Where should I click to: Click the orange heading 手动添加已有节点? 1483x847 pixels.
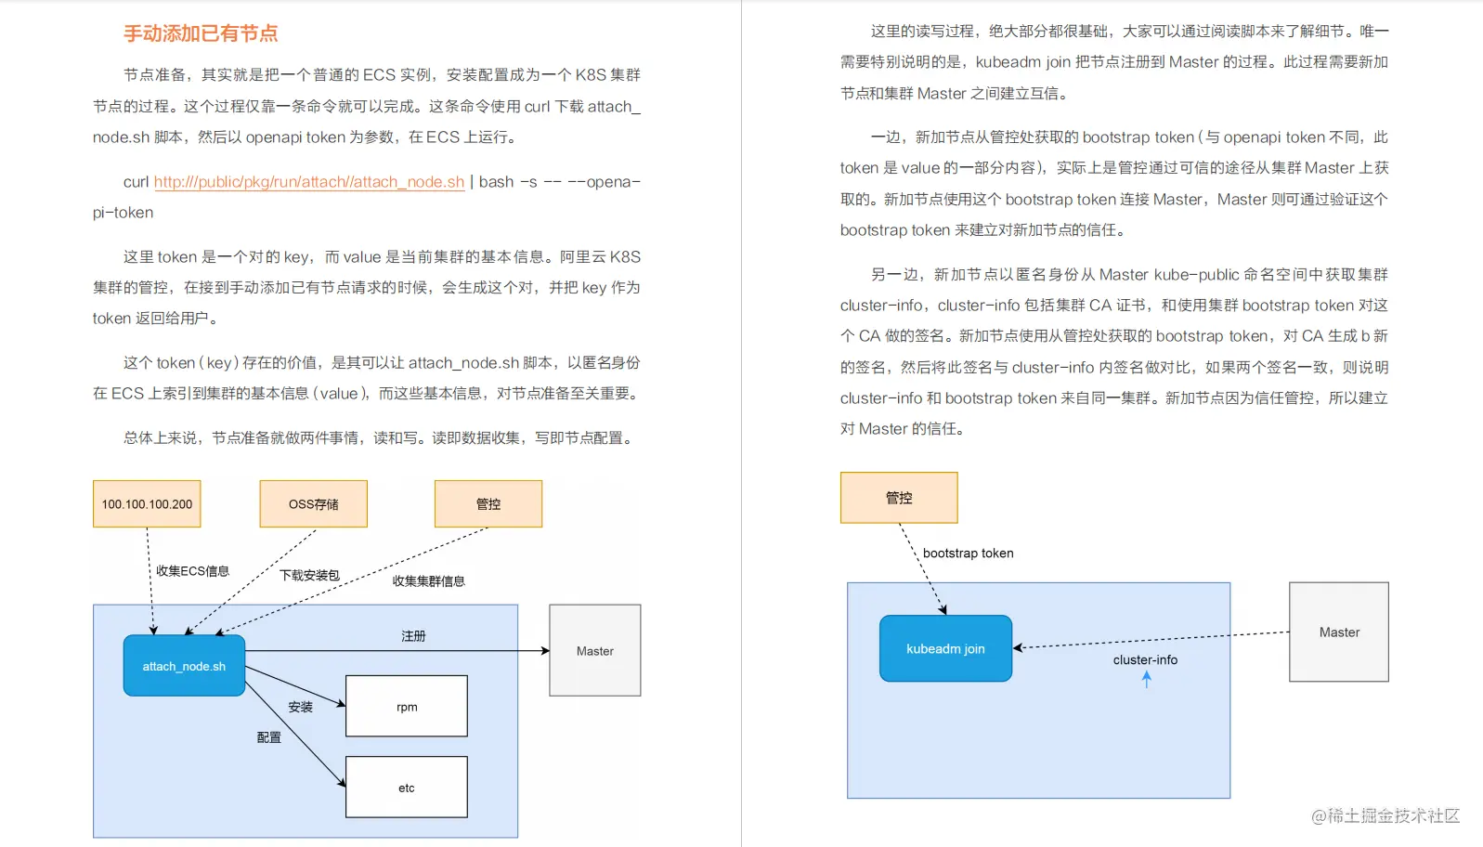[201, 33]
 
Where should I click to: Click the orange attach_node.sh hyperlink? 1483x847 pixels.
[308, 182]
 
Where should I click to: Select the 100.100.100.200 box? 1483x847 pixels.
[147, 504]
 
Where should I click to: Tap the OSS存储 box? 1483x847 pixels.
[313, 504]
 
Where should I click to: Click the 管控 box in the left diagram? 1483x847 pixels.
[488, 504]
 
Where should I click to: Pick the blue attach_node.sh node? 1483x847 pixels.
[184, 666]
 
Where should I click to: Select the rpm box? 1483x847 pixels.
[406, 707]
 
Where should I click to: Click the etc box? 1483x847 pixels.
[406, 788]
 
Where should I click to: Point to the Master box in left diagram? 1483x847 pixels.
[594, 651]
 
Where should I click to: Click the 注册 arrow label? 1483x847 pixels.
[413, 636]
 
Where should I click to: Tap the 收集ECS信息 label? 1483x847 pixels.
[192, 571]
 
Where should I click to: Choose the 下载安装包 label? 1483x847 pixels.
[310, 576]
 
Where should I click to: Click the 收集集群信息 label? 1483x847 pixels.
[428, 581]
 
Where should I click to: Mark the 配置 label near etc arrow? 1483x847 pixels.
[269, 737]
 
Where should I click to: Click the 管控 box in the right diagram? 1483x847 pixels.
[898, 498]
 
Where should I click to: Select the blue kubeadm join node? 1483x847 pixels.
[945, 649]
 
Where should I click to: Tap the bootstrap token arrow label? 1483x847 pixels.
[968, 554]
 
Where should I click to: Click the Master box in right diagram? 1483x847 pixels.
[1338, 632]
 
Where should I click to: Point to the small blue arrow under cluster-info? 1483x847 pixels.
[1147, 679]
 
